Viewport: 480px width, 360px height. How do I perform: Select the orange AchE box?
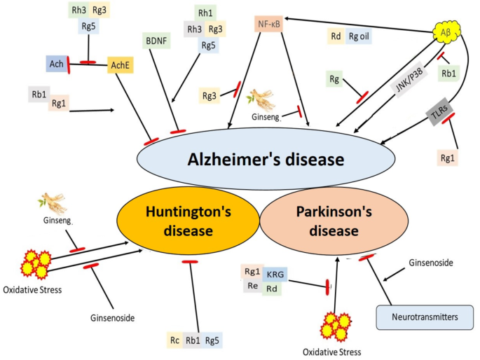point(120,64)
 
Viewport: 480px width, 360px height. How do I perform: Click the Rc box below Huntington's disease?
point(174,341)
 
